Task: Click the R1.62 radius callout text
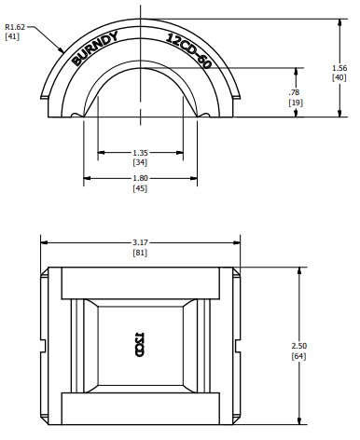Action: coord(15,27)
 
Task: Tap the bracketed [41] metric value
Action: coord(12,36)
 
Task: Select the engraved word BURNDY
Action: coord(95,48)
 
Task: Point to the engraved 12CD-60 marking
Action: coord(188,50)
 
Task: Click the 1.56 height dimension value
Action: coord(339,68)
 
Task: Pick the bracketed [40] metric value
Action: coord(339,77)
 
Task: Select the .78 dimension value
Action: coord(296,92)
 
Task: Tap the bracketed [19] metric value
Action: coord(296,103)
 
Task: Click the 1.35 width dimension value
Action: coord(140,153)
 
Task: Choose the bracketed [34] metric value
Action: coord(140,162)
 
